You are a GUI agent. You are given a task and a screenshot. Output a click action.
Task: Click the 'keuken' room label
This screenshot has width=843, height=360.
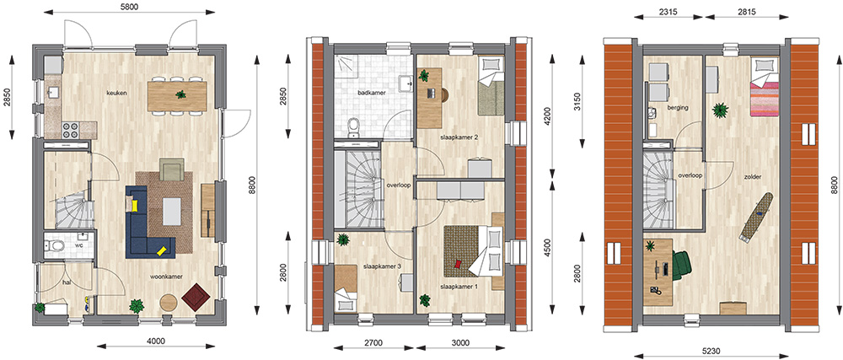116,93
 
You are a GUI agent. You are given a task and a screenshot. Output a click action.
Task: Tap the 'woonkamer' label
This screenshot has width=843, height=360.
166,277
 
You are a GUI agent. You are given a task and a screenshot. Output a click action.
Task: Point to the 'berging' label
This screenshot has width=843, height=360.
679,107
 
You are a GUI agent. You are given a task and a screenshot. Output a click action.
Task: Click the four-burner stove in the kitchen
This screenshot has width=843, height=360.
72,130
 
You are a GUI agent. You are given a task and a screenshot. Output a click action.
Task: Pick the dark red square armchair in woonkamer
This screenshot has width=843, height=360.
196,297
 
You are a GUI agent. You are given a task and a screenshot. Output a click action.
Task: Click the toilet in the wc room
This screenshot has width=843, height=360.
54,247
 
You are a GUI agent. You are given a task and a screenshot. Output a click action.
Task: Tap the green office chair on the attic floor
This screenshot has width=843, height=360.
681,265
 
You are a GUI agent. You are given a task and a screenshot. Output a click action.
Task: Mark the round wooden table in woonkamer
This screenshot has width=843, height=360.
169,303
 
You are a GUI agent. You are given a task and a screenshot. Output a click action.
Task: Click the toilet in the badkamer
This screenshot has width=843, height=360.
353,127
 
